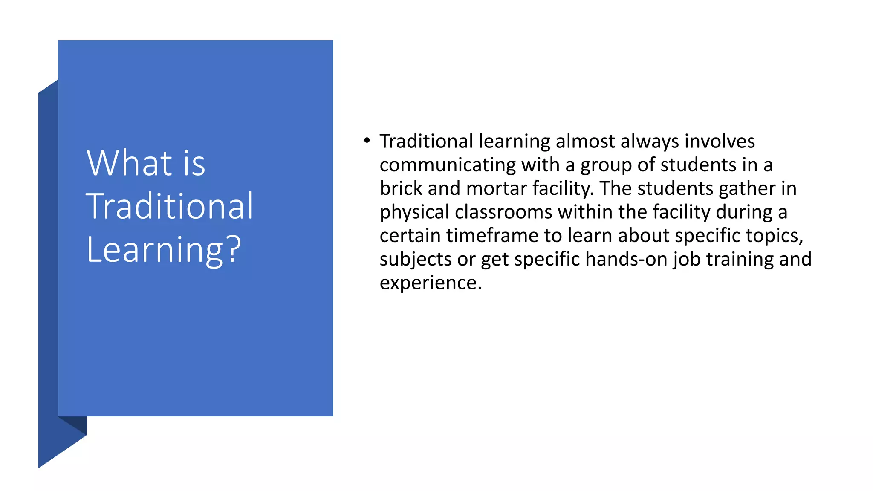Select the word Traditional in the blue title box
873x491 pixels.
coord(170,206)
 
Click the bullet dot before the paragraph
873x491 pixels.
coord(367,140)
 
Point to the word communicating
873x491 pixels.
coord(448,165)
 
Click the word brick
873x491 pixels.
coord(401,188)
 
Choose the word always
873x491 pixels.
coord(649,142)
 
